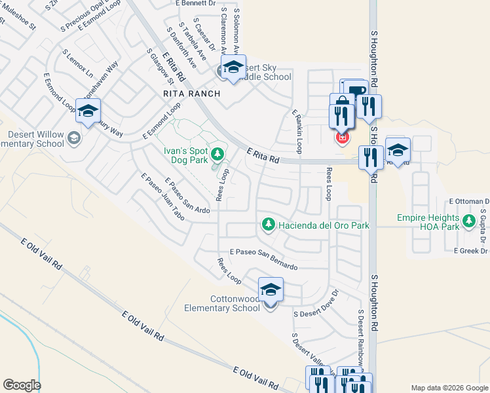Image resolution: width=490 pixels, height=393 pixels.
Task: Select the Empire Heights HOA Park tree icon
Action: (x=468, y=222)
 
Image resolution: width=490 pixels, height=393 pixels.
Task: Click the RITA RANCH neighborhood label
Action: (x=191, y=94)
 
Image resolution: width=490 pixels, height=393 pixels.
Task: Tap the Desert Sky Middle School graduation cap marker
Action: (x=233, y=67)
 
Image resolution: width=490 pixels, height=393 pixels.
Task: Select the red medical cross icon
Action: (x=341, y=138)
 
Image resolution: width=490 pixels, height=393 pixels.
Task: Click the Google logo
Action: (x=22, y=385)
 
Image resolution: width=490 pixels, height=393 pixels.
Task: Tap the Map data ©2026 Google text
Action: (x=449, y=388)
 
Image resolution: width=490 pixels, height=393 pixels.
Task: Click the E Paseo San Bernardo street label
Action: (x=263, y=259)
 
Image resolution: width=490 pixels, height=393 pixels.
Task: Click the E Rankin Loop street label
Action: (x=297, y=131)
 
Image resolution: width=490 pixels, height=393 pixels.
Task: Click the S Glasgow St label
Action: (x=160, y=67)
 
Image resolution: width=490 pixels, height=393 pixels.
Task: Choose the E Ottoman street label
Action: (x=468, y=201)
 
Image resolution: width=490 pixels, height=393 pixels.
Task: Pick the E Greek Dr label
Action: (x=470, y=250)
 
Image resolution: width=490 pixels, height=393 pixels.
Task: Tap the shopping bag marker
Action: (x=341, y=104)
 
